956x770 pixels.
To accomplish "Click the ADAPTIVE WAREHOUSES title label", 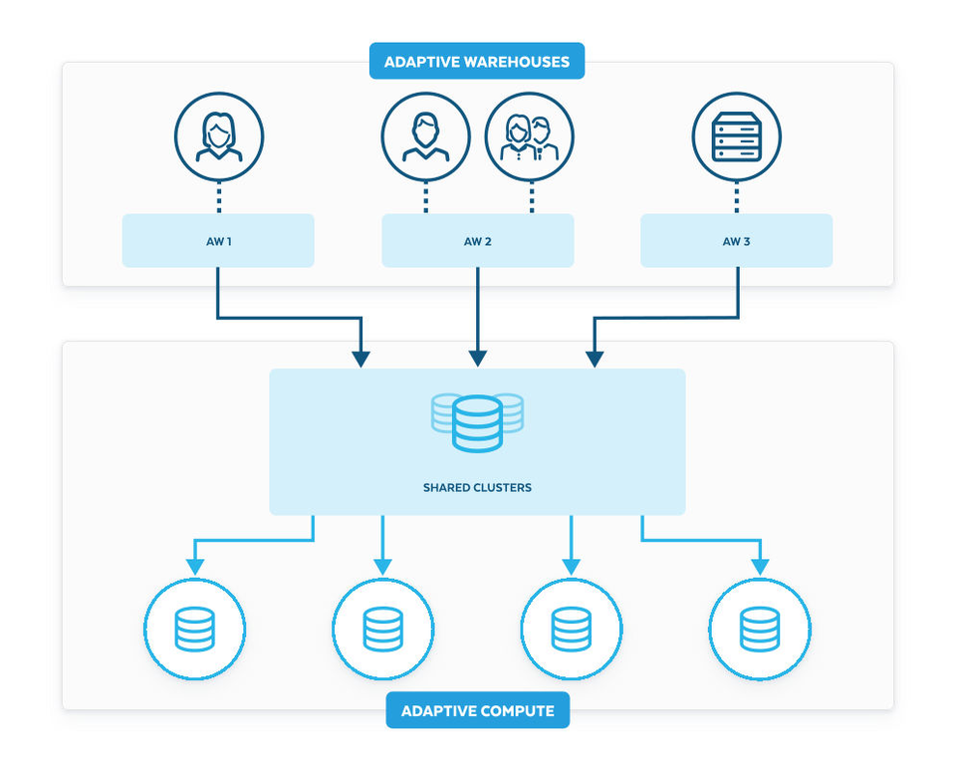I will [477, 62].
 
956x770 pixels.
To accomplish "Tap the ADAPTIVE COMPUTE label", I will [477, 710].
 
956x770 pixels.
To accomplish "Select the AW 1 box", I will [218, 241].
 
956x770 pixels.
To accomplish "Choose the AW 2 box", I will [478, 241].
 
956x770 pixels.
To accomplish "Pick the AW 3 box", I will [736, 241].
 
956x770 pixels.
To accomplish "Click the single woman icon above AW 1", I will [218, 136].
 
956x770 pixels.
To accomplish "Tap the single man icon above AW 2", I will [425, 136].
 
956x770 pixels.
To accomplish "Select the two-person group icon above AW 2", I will [530, 136].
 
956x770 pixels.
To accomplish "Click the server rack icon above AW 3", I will [736, 136].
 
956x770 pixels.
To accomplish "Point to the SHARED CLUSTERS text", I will [477, 488].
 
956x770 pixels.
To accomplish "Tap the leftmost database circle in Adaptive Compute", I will [194, 630].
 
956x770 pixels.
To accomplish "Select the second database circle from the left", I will [382, 630].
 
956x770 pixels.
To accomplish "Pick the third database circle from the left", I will [571, 630].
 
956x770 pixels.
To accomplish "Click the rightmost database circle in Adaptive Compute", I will [759, 630].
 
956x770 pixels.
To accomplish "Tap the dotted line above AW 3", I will [736, 197].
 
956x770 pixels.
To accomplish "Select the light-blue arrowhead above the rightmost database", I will [760, 566].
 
